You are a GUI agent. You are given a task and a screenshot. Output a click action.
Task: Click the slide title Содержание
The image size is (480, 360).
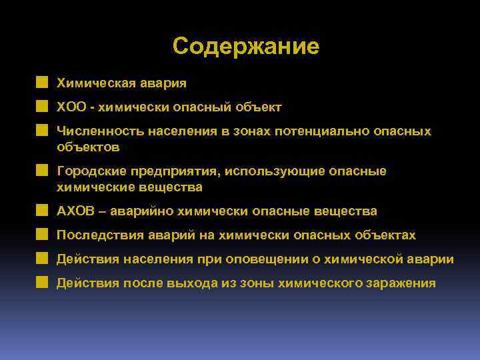click(x=245, y=47)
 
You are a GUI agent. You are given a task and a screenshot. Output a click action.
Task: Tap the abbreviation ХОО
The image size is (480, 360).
click(x=70, y=107)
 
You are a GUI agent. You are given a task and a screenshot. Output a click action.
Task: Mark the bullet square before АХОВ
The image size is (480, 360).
click(x=43, y=211)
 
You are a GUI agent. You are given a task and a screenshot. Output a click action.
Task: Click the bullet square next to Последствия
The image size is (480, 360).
click(x=43, y=235)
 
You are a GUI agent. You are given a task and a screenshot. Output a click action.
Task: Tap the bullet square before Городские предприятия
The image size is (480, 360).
click(x=43, y=171)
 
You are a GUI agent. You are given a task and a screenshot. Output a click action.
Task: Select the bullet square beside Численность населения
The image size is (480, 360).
click(x=43, y=131)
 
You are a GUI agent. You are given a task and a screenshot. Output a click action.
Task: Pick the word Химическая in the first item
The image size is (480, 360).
click(x=96, y=83)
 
